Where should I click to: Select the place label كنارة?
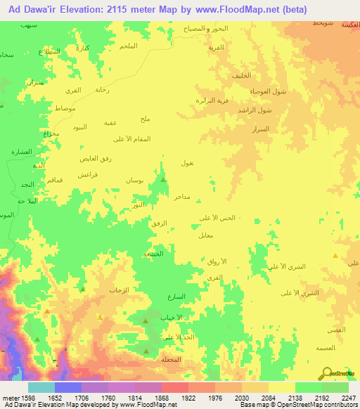[x=82, y=48]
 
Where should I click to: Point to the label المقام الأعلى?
[x=152, y=138]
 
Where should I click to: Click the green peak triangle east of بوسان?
[x=163, y=180]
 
